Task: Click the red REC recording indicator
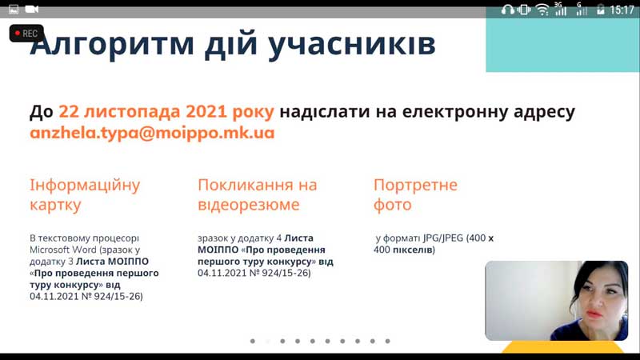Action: (26, 34)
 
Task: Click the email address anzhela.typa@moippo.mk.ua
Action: (152, 133)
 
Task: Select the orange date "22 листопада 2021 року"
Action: (166, 111)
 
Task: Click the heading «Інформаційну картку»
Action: (85, 194)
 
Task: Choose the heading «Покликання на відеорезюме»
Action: (258, 194)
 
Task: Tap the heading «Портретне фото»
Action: (415, 194)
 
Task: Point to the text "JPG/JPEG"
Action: (443, 238)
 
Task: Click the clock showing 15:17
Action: (622, 10)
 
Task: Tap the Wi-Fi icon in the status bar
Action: (542, 10)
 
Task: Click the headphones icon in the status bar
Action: (508, 10)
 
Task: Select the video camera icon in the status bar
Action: (32, 9)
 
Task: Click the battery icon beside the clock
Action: (601, 10)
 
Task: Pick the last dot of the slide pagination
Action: (387, 341)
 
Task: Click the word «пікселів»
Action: (414, 250)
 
